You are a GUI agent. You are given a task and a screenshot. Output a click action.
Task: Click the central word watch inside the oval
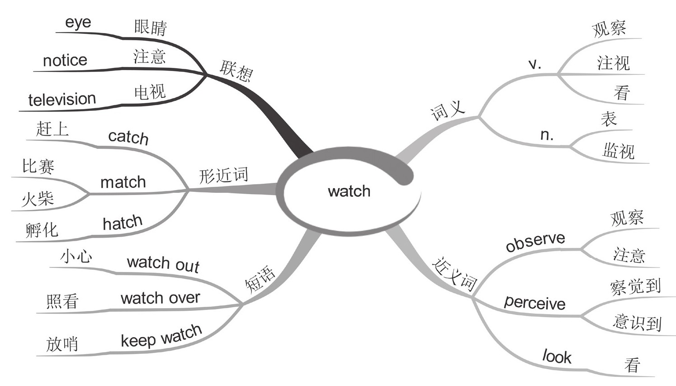(349, 191)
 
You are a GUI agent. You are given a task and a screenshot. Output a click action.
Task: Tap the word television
(62, 99)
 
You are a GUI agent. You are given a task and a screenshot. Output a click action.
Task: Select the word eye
(78, 23)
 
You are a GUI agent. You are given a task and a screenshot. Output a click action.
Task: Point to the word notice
(65, 60)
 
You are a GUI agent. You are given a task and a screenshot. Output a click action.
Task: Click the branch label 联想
(236, 70)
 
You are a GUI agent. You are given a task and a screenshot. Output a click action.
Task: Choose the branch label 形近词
(223, 175)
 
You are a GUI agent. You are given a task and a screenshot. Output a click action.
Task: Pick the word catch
(128, 137)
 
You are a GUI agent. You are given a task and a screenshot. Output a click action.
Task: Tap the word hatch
(123, 223)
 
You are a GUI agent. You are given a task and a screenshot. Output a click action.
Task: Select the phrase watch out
(163, 263)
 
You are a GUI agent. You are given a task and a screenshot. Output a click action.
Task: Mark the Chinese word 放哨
(62, 344)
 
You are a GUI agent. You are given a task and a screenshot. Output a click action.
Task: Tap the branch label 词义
(447, 110)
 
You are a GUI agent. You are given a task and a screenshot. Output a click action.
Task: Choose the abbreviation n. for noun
(547, 135)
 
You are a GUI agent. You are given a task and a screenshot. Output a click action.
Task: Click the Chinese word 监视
(618, 150)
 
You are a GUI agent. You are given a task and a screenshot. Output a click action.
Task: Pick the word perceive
(534, 302)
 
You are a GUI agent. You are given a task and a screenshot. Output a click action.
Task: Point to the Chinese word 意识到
(637, 322)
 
